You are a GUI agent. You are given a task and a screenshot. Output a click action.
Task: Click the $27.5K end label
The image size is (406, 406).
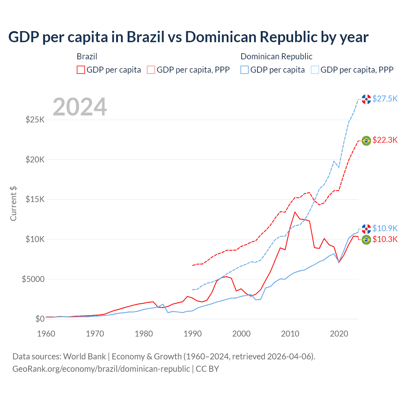[385, 99]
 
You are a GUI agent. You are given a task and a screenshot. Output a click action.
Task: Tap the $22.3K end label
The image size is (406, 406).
[385, 140]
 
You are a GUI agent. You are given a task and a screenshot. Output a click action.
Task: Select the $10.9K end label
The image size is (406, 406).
[385, 228]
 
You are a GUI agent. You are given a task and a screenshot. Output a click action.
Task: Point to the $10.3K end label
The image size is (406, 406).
[385, 239]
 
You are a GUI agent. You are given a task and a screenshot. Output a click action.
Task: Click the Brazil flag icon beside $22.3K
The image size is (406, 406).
[366, 141]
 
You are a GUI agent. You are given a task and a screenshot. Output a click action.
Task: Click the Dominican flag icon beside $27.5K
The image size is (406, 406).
[366, 99]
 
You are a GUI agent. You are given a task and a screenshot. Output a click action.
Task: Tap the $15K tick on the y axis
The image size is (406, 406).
[35, 200]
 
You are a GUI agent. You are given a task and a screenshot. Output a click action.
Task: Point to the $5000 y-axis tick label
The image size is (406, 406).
[33, 279]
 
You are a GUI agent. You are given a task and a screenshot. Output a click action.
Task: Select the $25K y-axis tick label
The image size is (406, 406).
[35, 120]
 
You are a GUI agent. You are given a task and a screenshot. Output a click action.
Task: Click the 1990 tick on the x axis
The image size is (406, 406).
[193, 334]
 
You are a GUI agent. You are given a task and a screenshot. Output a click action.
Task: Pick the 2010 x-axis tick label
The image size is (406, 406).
[290, 334]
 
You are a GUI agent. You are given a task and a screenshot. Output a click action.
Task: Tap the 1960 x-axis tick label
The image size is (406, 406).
[46, 334]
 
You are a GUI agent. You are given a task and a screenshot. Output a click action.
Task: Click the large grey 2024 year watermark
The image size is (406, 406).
[80, 107]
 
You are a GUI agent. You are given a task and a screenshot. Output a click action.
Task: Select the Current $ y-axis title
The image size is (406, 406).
[13, 204]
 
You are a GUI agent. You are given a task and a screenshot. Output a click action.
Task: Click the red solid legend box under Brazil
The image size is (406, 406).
[81, 70]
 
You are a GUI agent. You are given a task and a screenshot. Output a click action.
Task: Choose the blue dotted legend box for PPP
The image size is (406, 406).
[315, 70]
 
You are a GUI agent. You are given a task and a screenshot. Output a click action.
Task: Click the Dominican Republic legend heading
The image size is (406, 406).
[276, 56]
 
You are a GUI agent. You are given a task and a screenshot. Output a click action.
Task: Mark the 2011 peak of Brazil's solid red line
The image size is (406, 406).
[295, 212]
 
